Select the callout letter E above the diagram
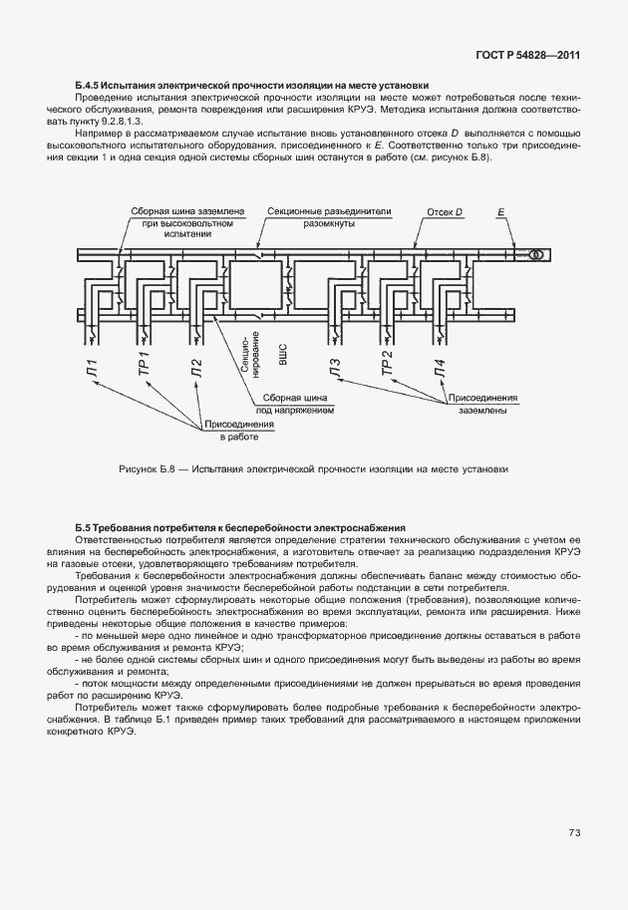pos(501,212)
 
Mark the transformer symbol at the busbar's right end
pos(535,255)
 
